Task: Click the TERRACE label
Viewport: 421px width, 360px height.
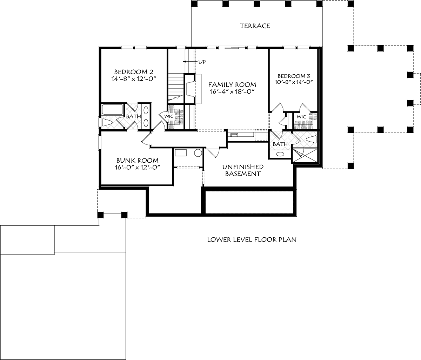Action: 255,26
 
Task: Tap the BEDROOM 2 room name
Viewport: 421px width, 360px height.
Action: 134,72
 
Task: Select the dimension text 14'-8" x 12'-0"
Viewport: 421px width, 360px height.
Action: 134,79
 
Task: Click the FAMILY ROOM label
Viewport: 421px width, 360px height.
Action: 232,84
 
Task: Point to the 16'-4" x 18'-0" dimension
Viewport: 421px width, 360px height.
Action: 233,91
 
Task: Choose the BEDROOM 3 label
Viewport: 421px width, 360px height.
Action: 294,76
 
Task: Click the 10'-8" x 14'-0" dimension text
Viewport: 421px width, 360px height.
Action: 294,82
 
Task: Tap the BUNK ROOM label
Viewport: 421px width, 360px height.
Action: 137,160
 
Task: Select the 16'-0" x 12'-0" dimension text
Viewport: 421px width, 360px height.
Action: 137,167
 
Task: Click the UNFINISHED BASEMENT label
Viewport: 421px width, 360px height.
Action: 243,170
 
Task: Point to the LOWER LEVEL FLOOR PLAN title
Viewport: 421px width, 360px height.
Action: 252,239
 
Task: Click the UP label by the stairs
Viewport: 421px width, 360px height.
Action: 202,62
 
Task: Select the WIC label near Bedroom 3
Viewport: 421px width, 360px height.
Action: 301,117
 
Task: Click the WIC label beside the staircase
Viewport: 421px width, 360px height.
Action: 169,116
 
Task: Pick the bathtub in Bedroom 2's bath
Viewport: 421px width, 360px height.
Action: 112,110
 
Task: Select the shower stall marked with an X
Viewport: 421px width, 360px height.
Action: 305,156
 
